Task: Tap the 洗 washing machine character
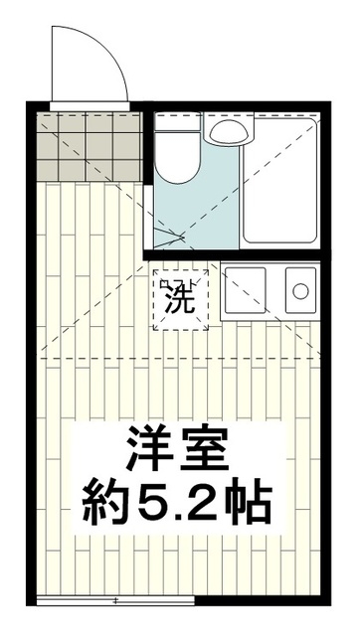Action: [182, 297]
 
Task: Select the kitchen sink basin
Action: [249, 289]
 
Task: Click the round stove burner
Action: [299, 290]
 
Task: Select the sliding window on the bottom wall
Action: [114, 599]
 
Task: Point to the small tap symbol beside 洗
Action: [164, 286]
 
